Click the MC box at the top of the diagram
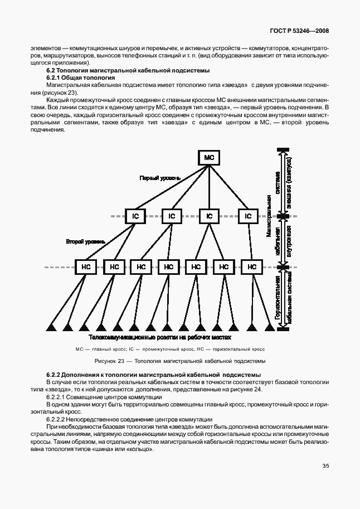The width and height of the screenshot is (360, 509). tap(209, 158)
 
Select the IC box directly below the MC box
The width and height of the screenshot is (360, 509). tap(209, 216)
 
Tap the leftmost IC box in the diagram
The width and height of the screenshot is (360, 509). tap(135, 216)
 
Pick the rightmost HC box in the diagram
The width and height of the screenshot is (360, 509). tap(252, 267)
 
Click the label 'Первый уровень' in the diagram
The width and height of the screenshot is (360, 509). tap(160, 178)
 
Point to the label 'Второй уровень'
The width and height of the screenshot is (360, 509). tap(85, 241)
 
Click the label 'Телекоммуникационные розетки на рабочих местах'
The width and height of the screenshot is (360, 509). tap(159, 338)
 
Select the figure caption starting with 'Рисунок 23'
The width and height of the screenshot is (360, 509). tap(179, 361)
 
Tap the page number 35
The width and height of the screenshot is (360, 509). tap(325, 467)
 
